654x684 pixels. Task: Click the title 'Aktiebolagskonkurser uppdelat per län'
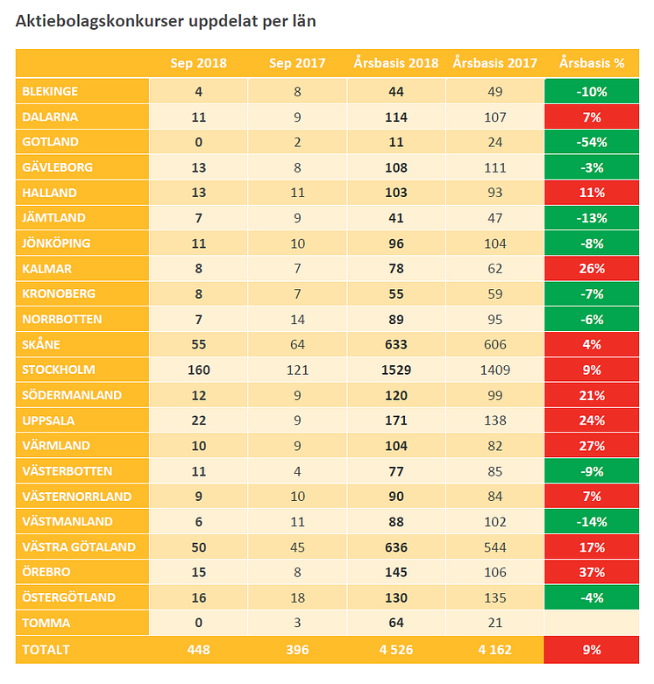click(x=166, y=21)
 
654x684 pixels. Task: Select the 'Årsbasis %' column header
click(x=592, y=63)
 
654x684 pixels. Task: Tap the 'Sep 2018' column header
click(x=199, y=63)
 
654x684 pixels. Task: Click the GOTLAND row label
click(x=51, y=142)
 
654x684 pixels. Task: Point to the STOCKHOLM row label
click(x=59, y=370)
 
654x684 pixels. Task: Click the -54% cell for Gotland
click(x=592, y=142)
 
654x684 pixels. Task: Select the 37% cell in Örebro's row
click(x=592, y=572)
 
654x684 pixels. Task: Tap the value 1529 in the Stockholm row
click(x=396, y=370)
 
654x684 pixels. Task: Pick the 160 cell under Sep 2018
click(x=199, y=370)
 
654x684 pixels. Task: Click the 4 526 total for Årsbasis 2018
click(x=396, y=650)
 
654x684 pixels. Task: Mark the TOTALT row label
click(x=46, y=650)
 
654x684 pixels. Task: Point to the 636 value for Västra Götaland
click(x=396, y=547)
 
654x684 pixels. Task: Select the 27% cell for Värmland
click(x=592, y=446)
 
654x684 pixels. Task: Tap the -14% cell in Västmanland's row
click(x=592, y=522)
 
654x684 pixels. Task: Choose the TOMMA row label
click(x=46, y=623)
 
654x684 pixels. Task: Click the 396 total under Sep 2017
click(x=297, y=650)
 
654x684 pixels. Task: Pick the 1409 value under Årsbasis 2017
click(x=495, y=370)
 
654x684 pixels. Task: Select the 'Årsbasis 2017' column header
click(x=495, y=63)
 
